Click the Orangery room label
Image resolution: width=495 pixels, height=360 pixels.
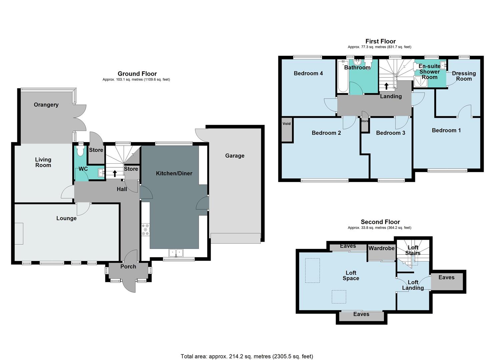pos(46,105)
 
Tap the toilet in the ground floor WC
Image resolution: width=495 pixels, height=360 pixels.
pos(80,151)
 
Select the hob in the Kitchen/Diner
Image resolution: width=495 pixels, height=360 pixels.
pos(146,230)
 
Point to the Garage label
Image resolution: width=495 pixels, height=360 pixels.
pos(235,156)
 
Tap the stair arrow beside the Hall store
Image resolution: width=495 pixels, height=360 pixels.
pos(115,173)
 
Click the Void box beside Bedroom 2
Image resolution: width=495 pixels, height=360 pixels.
pos(287,130)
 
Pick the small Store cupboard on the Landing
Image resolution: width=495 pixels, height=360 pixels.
pos(365,124)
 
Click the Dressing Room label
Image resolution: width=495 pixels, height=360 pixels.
pos(464,76)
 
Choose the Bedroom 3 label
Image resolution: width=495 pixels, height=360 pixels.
pos(390,133)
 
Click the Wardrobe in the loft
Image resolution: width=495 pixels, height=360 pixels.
pos(381,253)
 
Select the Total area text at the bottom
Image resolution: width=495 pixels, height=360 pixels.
pos(247,356)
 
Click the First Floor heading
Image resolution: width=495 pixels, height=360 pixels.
pos(380,41)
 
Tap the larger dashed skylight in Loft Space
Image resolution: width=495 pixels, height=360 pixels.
pos(312,270)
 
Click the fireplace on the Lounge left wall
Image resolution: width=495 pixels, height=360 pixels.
pos(19,234)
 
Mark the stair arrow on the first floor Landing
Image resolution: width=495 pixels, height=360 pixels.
pos(386,86)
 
